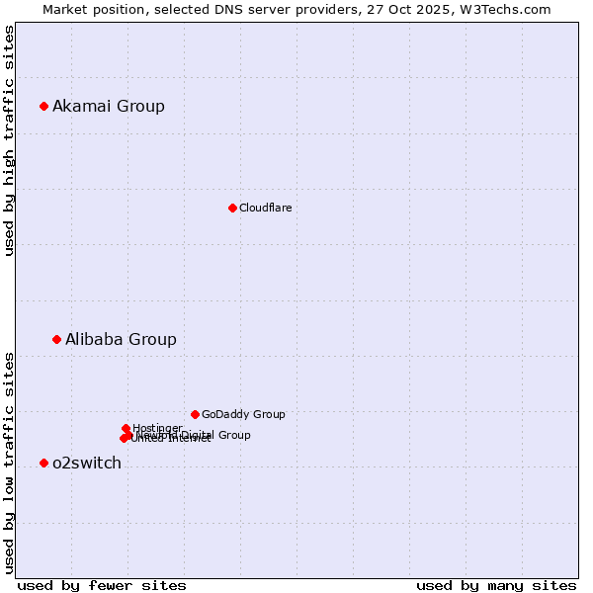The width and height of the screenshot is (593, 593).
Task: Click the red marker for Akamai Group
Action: (43, 106)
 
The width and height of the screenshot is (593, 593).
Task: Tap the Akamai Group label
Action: (109, 107)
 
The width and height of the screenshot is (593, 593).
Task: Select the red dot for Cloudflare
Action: (232, 208)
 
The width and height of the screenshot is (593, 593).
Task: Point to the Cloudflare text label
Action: (265, 208)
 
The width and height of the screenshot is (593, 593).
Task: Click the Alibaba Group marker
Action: (56, 339)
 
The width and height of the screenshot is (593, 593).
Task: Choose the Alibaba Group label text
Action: (121, 339)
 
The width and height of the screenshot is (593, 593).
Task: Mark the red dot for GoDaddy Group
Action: (195, 414)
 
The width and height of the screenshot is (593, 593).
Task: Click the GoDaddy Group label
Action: (243, 414)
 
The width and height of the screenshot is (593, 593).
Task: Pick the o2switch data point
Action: (43, 463)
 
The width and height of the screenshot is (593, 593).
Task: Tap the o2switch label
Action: (87, 464)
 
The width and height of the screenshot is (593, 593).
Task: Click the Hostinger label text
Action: (157, 428)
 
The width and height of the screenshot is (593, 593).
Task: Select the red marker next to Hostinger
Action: (126, 428)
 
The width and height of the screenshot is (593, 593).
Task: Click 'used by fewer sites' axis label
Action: (102, 585)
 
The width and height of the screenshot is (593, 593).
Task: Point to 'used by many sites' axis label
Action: (496, 585)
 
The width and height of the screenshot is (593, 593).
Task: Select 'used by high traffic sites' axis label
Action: (10, 140)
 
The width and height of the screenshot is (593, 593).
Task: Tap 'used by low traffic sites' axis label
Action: (10, 462)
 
